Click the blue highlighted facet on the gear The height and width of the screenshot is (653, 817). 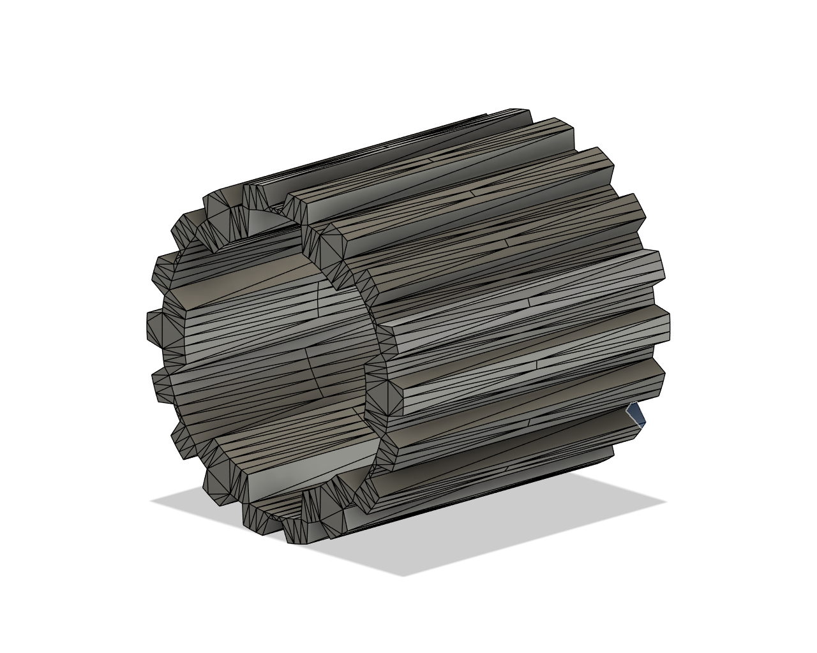click(x=636, y=414)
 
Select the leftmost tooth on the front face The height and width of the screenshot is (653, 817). click(x=154, y=326)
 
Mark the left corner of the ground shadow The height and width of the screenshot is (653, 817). click(x=152, y=501)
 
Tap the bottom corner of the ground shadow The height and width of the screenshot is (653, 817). click(x=403, y=576)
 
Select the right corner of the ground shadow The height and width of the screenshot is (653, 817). click(x=667, y=501)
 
